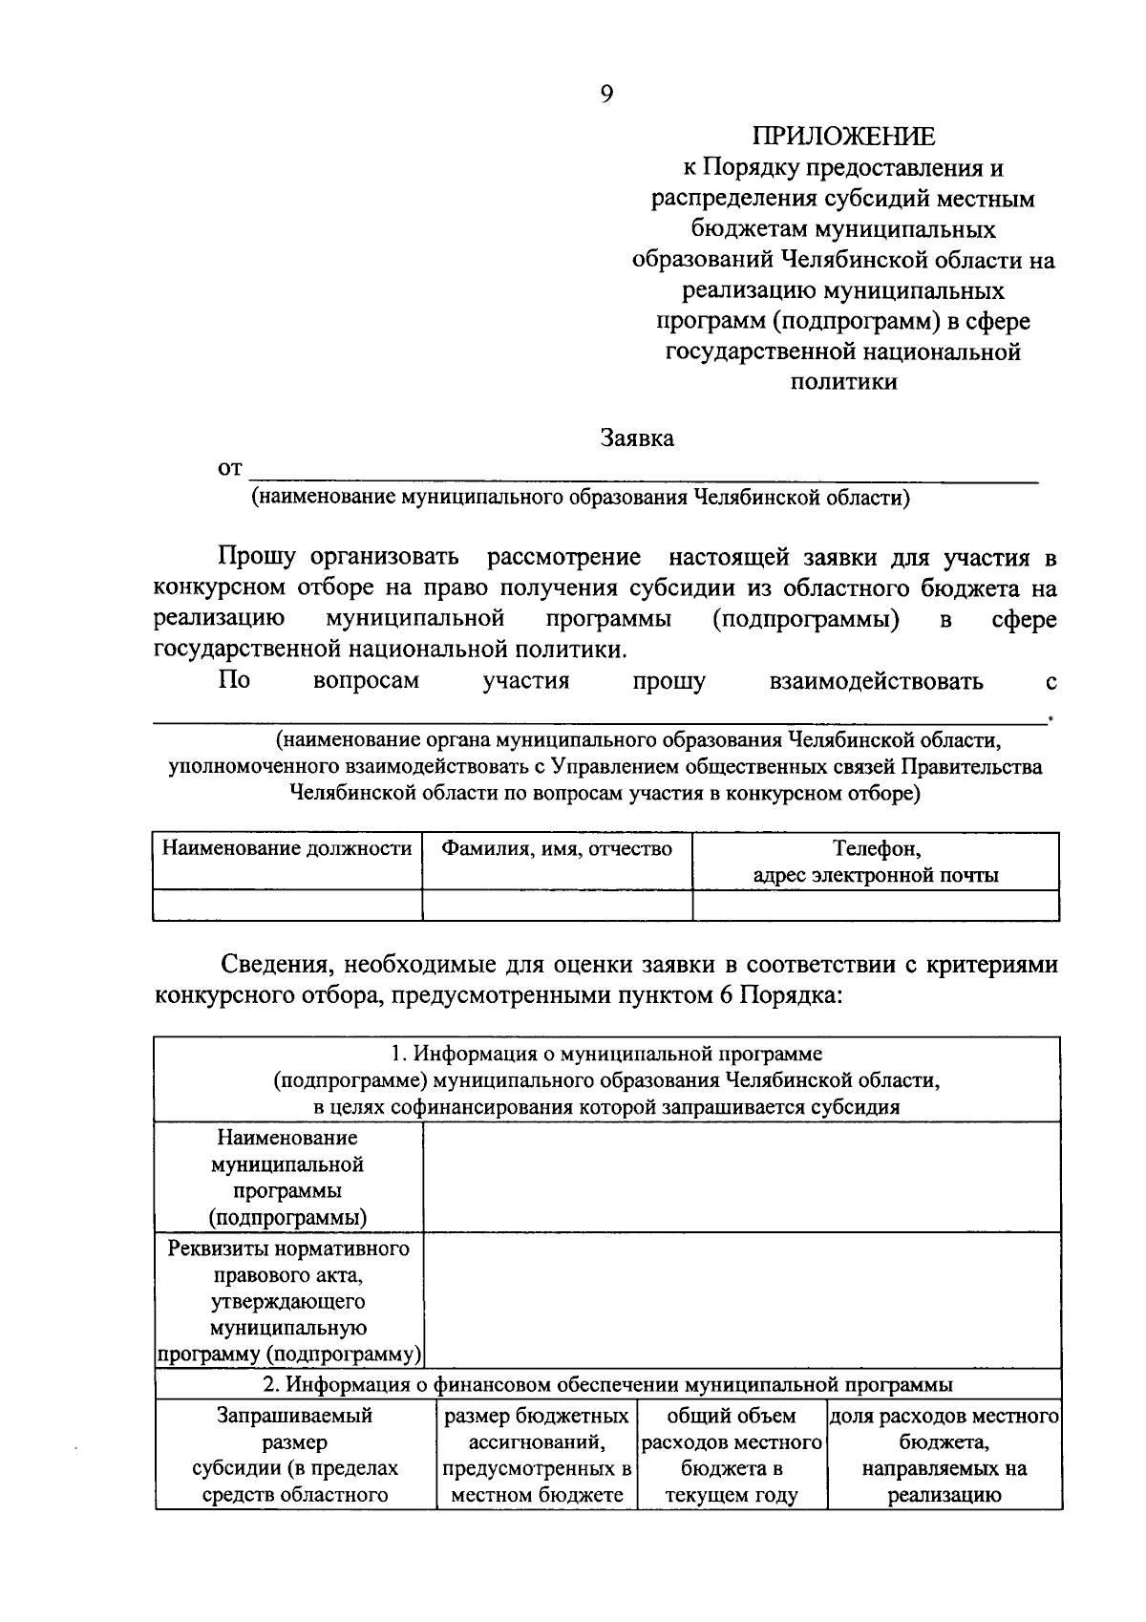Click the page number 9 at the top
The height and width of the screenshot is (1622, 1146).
[x=606, y=93]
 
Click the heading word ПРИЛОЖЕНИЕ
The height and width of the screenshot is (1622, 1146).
[x=843, y=137]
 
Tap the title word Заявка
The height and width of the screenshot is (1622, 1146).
[x=637, y=438]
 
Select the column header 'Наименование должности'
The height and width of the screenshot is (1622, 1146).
[x=287, y=848]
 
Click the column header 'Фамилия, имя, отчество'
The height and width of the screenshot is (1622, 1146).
[x=557, y=848]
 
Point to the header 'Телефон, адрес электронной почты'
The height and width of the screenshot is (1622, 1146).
[x=876, y=862]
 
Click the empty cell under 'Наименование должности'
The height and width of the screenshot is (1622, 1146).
[x=287, y=905]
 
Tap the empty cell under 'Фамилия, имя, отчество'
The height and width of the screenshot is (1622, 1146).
[x=557, y=905]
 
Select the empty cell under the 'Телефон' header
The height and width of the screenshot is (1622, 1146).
[x=876, y=905]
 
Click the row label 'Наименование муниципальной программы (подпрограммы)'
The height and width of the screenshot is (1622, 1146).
[x=287, y=1177]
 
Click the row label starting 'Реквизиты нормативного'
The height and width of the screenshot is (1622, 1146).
[x=287, y=1300]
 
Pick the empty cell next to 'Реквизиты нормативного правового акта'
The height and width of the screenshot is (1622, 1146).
[x=741, y=1300]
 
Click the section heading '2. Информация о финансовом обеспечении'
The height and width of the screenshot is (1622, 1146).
[x=607, y=1384]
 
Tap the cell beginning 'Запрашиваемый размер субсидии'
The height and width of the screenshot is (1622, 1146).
[x=295, y=1454]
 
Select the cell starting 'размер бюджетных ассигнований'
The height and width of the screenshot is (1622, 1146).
[x=537, y=1454]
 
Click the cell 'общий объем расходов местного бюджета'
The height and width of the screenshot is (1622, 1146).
[x=732, y=1454]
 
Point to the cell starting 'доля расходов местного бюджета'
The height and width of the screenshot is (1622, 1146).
[x=944, y=1454]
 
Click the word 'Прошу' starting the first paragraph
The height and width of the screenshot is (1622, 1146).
[x=257, y=557]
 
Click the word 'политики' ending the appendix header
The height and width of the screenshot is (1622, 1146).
[x=843, y=382]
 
